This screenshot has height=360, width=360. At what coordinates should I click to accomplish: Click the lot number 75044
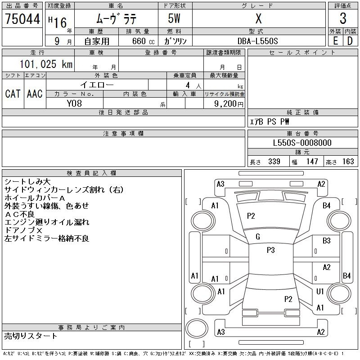(x=22, y=19)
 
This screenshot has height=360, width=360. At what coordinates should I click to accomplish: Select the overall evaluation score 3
(x=343, y=19)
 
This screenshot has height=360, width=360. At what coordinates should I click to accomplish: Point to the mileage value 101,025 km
(x=45, y=64)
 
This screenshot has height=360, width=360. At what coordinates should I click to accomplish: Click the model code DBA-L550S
(x=258, y=41)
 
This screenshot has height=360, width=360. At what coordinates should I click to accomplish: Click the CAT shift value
(x=13, y=94)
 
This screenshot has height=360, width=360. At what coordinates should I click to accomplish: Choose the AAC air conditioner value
(x=35, y=94)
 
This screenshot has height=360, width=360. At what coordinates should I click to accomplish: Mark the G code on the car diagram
(x=258, y=237)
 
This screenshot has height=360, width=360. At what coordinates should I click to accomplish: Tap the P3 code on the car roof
(x=270, y=250)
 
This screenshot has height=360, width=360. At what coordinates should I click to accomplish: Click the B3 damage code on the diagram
(x=327, y=241)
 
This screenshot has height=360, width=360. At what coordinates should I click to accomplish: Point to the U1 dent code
(x=320, y=292)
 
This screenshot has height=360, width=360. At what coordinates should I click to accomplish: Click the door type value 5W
(x=175, y=19)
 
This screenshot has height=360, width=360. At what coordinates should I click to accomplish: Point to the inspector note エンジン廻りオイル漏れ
(x=47, y=222)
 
